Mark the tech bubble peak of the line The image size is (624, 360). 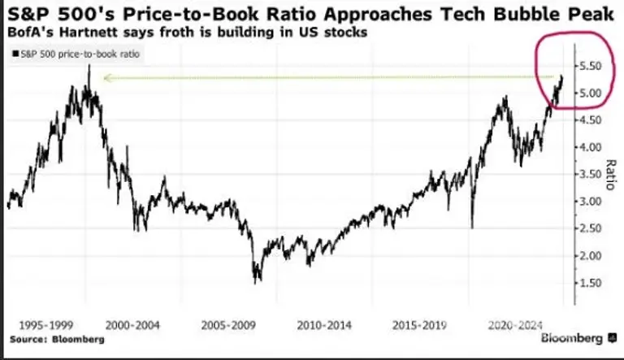point(90,65)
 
